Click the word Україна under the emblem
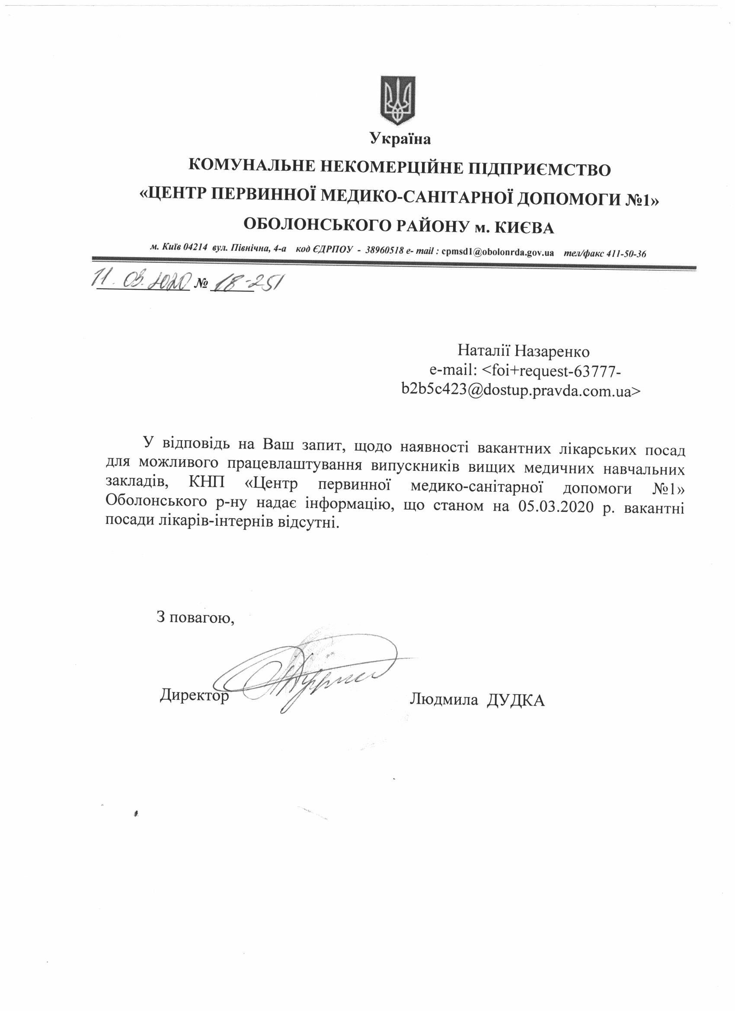400,140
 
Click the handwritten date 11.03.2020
141,281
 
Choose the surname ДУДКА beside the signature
516,700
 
